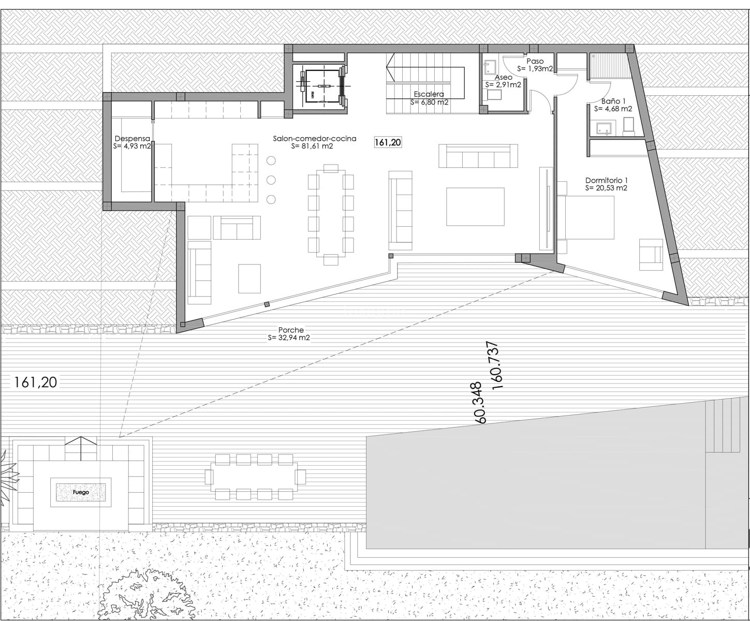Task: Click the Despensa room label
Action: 133,139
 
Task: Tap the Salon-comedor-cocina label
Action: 315,139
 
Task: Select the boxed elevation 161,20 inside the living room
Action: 388,142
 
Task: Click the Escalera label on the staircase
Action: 429,94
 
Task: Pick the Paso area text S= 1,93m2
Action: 535,68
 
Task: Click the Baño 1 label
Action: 613,101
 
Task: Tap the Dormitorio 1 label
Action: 606,181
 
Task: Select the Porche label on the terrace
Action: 291,330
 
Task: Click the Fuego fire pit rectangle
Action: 81,492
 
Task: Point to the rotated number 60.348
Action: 479,403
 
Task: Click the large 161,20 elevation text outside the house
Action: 36,382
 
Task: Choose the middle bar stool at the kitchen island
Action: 271,180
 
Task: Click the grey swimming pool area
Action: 533,492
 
